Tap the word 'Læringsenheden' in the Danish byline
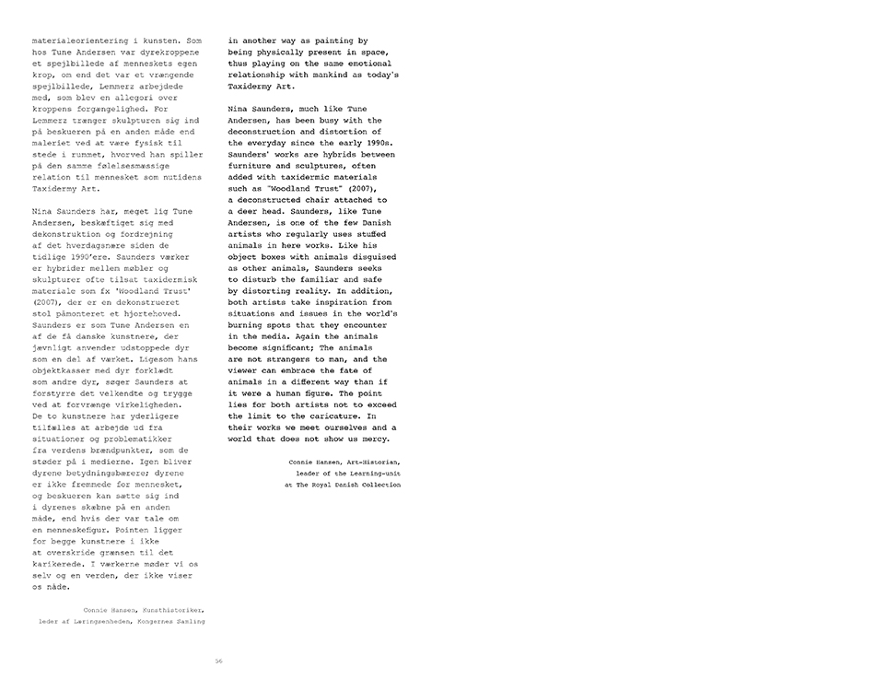[96, 621]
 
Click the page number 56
[218, 660]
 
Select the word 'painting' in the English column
[333, 41]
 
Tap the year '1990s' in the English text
[376, 143]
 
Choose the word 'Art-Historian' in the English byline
[370, 461]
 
